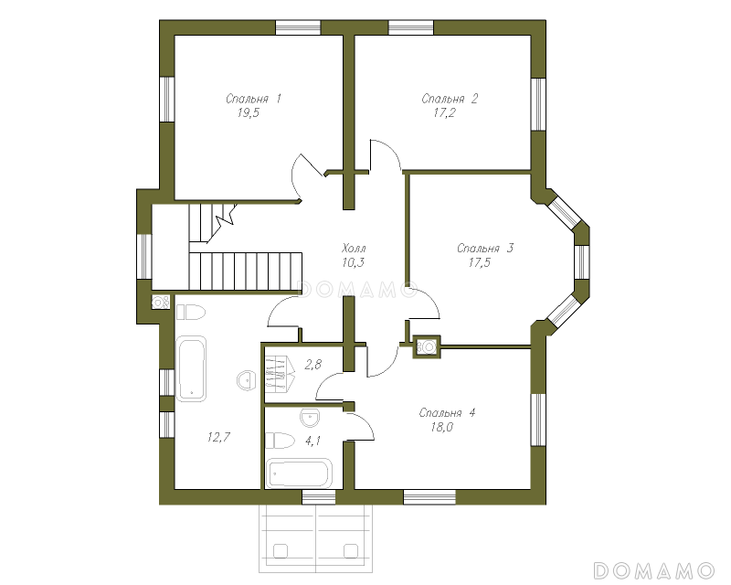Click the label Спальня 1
tap(253, 99)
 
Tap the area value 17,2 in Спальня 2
tap(444, 113)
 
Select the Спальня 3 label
tap(485, 249)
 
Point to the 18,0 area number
tap(442, 427)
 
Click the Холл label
tap(354, 248)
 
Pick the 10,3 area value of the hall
tap(353, 262)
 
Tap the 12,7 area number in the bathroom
tap(218, 437)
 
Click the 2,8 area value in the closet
tap(313, 364)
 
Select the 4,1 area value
tap(313, 441)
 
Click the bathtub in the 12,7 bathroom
tap(191, 368)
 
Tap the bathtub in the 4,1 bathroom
tap(299, 473)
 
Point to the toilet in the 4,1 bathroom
tap(281, 441)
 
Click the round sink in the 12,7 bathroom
tap(246, 380)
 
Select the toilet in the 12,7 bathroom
tap(190, 312)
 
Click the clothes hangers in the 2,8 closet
tap(281, 373)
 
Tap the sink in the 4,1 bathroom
tap(310, 418)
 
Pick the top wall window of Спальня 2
tap(411, 27)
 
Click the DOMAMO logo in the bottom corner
tap(653, 570)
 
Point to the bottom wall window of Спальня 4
tap(429, 497)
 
